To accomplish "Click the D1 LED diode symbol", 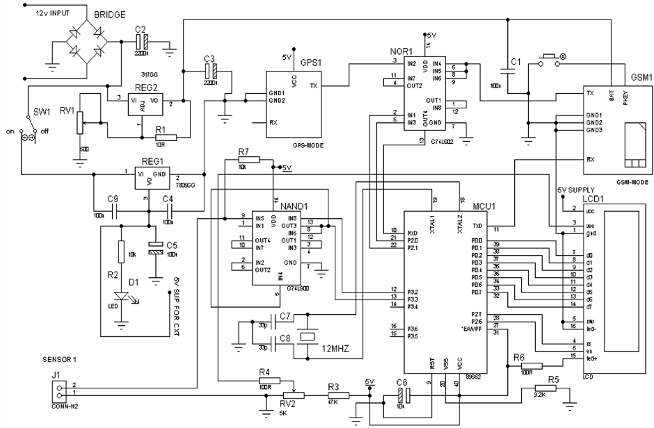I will (x=122, y=297).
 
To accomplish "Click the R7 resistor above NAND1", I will (x=247, y=160).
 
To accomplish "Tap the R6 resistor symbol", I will (x=532, y=365).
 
